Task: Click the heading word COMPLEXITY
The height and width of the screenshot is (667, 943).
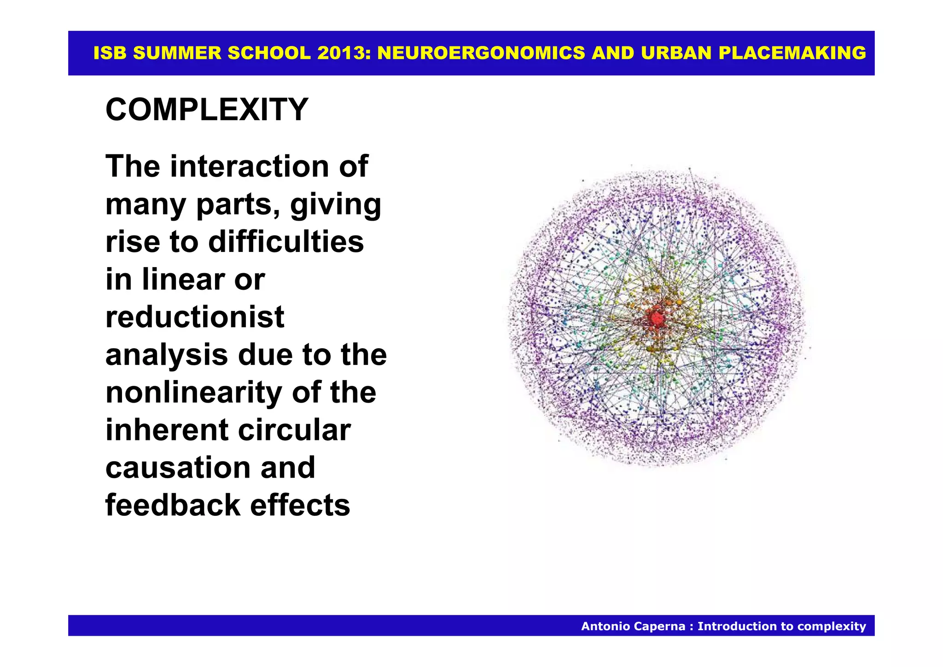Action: [207, 110]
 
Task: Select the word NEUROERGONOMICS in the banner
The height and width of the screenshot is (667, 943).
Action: [481, 53]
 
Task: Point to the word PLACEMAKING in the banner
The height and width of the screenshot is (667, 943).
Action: [792, 53]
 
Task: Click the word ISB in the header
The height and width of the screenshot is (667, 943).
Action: [110, 53]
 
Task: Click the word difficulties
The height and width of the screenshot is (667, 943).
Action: [286, 242]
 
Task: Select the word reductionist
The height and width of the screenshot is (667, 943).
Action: [195, 317]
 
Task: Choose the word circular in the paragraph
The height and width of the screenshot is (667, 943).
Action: [294, 430]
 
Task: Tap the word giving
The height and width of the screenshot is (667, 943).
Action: [336, 204]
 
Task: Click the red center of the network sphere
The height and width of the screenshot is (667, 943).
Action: [655, 318]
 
